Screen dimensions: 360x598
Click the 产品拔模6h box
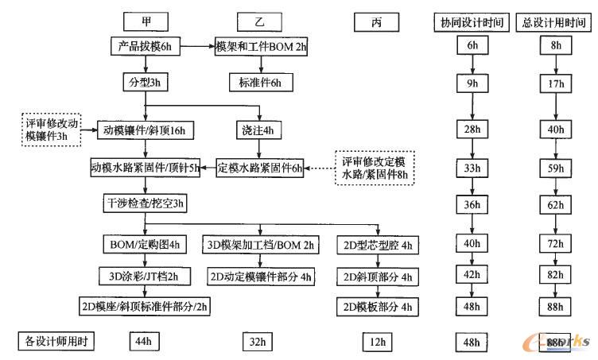pos(144,47)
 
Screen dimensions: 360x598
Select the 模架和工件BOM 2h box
pos(261,47)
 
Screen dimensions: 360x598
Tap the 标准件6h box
pos(261,82)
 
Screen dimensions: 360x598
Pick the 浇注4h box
pos(258,130)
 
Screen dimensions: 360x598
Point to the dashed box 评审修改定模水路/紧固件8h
pos(374,167)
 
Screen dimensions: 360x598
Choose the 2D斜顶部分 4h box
pos(375,277)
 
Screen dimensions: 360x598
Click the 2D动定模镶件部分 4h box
pos(261,277)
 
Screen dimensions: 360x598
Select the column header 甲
pos(142,20)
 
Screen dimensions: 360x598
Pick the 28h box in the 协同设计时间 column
pos(472,130)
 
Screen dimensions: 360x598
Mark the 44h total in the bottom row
pos(143,342)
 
